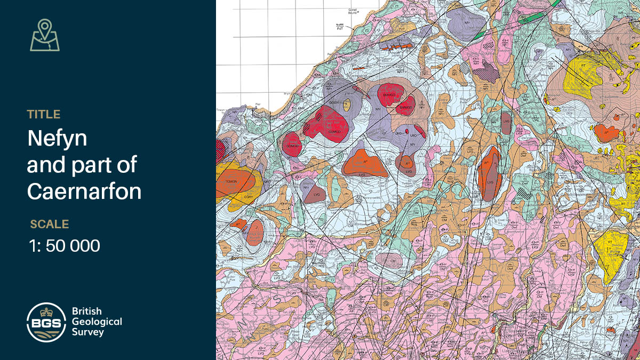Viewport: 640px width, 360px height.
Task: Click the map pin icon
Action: pyautogui.click(x=45, y=35)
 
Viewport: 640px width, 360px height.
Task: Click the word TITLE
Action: pyautogui.click(x=44, y=114)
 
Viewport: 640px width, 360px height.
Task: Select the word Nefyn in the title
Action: pyautogui.click(x=57, y=139)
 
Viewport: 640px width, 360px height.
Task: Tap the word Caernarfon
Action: pyautogui.click(x=84, y=190)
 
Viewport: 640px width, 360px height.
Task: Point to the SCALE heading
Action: pyautogui.click(x=50, y=224)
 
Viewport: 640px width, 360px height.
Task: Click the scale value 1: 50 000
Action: pyautogui.click(x=65, y=246)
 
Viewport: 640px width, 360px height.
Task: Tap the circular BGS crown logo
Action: pyautogui.click(x=46, y=322)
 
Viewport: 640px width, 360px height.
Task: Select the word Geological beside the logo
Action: pyautogui.click(x=97, y=322)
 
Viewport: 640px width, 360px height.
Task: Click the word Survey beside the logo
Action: pyautogui.click(x=88, y=332)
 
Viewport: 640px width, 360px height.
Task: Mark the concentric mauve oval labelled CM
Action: pyautogui.click(x=389, y=260)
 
